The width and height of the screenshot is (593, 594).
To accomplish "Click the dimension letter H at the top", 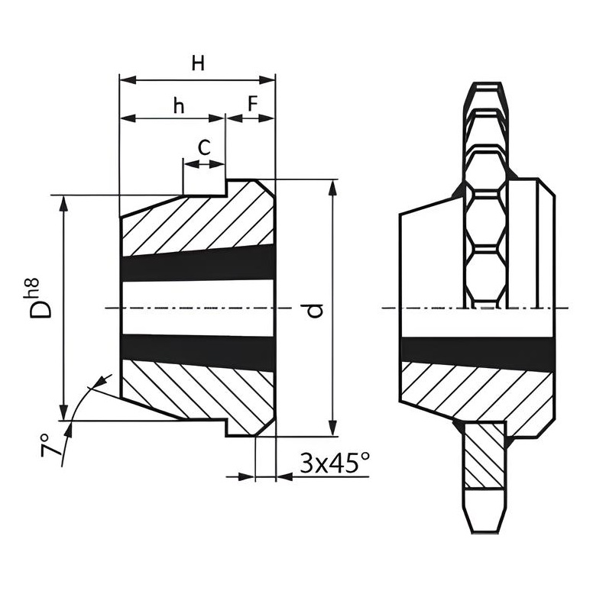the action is tap(198, 63).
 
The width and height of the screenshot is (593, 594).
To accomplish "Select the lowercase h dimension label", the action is tap(179, 105).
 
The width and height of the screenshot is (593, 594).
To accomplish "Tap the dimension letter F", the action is tap(253, 103).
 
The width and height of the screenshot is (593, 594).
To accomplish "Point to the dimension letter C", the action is tap(204, 148).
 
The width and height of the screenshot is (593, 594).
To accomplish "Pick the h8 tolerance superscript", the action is tap(31, 289).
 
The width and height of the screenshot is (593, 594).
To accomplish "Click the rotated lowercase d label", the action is tap(314, 310).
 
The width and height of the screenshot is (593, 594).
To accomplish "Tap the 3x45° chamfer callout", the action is tap(335, 463).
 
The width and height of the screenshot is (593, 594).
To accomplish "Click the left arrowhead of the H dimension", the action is tap(128, 80).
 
